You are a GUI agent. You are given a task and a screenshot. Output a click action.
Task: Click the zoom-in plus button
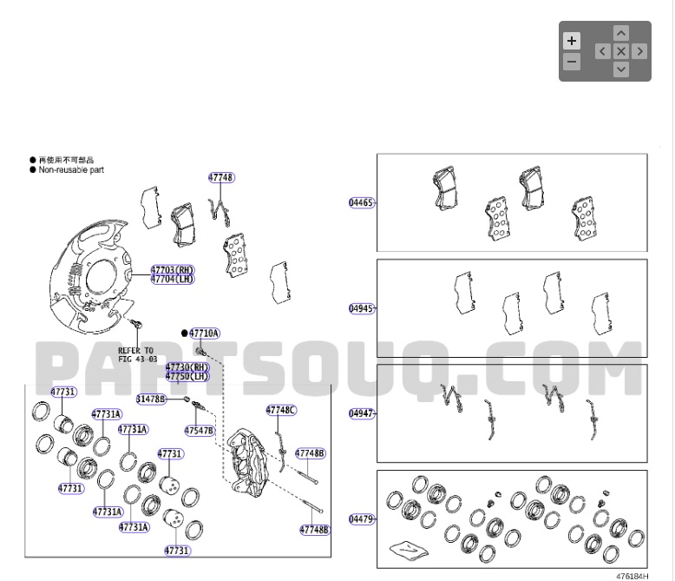coord(571,41)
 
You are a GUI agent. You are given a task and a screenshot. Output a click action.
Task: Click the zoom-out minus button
coord(571,62)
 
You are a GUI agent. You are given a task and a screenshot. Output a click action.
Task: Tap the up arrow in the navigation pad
coord(621,33)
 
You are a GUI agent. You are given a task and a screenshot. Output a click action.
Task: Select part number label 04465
coord(361,202)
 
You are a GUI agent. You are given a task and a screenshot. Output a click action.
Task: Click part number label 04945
coord(361,308)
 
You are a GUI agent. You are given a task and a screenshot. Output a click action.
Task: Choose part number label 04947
coord(361,413)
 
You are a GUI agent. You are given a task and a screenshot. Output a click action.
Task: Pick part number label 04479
coord(361,519)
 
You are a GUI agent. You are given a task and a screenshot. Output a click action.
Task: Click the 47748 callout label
coord(220,177)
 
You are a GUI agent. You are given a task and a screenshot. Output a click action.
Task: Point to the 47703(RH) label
coord(173,270)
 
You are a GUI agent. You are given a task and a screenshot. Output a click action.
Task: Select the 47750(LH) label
coord(187,377)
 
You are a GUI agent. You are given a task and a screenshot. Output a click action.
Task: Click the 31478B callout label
coord(151,398)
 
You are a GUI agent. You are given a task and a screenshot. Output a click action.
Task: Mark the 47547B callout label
coord(199,430)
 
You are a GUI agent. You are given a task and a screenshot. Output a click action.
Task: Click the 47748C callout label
coord(281,409)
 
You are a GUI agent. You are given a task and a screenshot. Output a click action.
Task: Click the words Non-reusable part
coord(71,170)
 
